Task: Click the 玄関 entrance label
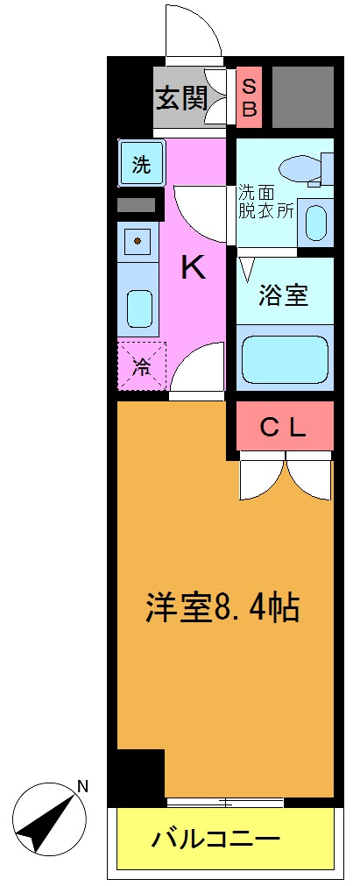pyautogui.click(x=180, y=96)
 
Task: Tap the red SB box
pyautogui.click(x=249, y=96)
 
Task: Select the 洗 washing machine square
pyautogui.click(x=140, y=163)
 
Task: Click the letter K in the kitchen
pyautogui.click(x=194, y=267)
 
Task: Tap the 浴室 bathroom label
pyautogui.click(x=283, y=295)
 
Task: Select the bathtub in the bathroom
pyautogui.click(x=284, y=358)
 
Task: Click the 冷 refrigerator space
pyautogui.click(x=141, y=366)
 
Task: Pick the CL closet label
pyautogui.click(x=284, y=428)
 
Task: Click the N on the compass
pyautogui.click(x=82, y=786)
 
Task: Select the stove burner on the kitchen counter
pyautogui.click(x=138, y=239)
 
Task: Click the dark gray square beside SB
pyautogui.click(x=302, y=96)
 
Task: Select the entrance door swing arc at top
pyautogui.click(x=192, y=33)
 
